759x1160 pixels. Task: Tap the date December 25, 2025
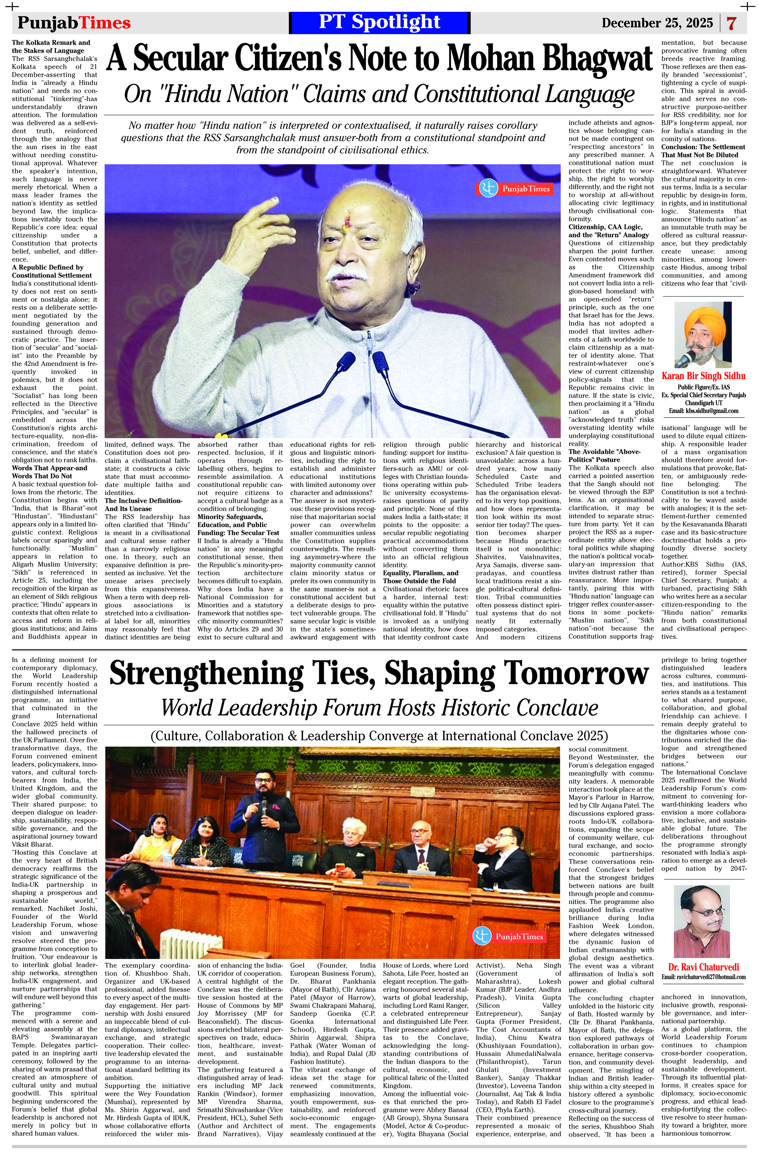click(657, 23)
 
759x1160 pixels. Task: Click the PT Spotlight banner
click(379, 22)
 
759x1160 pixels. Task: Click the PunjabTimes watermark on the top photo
click(514, 188)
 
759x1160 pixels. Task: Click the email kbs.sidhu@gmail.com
click(703, 411)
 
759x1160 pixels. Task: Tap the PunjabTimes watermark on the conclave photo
click(509, 936)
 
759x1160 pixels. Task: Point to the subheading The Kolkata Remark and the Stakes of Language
click(51, 46)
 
